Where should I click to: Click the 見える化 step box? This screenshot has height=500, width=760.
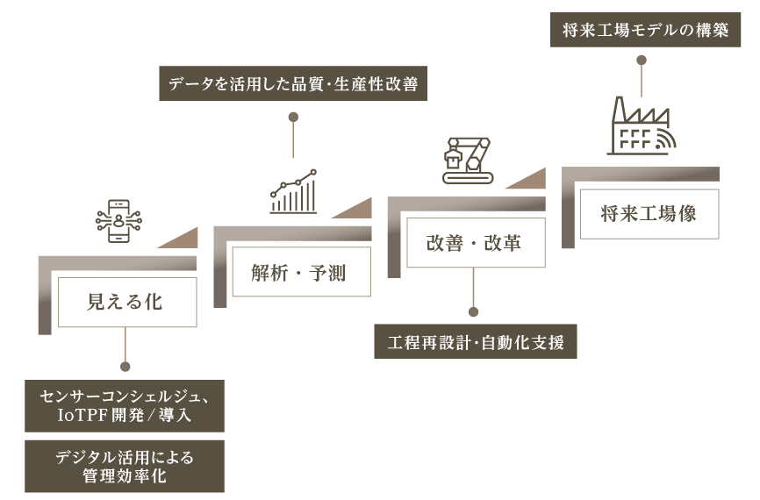(126, 303)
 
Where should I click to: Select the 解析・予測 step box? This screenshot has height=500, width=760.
(300, 273)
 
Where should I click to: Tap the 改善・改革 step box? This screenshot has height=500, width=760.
(475, 243)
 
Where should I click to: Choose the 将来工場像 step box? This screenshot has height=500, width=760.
(649, 213)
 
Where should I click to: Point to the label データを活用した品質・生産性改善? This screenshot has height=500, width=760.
(293, 85)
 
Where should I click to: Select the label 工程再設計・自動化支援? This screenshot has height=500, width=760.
(476, 341)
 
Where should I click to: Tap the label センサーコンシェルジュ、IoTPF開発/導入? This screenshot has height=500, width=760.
(125, 405)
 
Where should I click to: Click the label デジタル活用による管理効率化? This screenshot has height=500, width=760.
(125, 466)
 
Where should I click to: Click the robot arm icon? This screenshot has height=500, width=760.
(468, 159)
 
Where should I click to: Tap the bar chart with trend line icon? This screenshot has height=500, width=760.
(293, 192)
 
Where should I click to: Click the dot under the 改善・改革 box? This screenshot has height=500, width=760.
(474, 311)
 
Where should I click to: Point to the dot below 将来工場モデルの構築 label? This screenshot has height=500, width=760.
(642, 60)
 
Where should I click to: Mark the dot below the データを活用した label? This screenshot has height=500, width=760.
(293, 116)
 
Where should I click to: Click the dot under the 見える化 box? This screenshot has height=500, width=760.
(125, 367)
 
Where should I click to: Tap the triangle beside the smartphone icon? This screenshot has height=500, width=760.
(183, 239)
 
